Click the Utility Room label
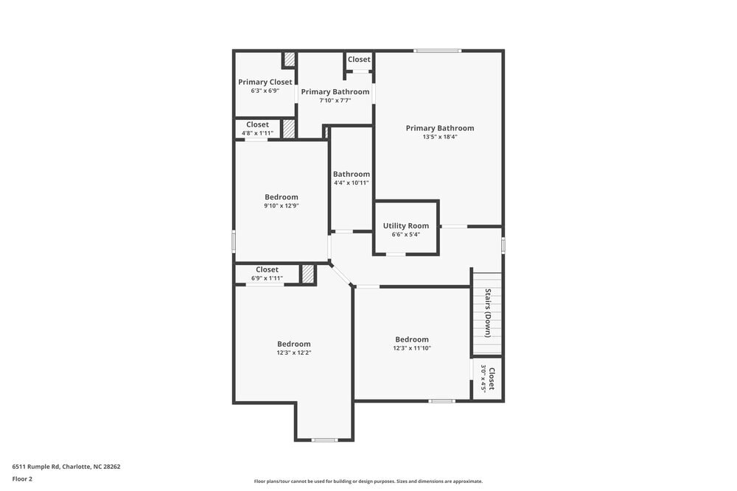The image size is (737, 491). point(405,226)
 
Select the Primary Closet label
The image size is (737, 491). point(265,82)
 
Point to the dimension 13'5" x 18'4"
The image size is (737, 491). point(440,137)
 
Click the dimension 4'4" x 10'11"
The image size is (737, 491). point(351,183)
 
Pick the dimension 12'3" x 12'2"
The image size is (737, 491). point(293,353)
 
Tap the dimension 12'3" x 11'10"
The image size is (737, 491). point(411,348)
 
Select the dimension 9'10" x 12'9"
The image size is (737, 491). point(282,205)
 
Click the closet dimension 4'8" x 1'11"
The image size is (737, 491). point(257,133)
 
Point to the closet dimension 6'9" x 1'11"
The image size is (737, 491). point(267,278)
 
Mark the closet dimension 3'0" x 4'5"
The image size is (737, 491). point(484,378)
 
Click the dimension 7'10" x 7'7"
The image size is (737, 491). point(335,100)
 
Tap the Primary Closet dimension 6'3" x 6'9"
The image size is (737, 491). point(265,91)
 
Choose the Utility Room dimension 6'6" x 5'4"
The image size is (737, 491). point(405,235)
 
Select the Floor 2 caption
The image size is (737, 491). point(22,478)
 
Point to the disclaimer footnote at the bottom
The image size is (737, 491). point(368,481)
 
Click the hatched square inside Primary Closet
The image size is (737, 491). point(290,60)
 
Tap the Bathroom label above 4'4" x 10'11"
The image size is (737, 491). point(351,174)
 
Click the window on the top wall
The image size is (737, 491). point(437,51)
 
